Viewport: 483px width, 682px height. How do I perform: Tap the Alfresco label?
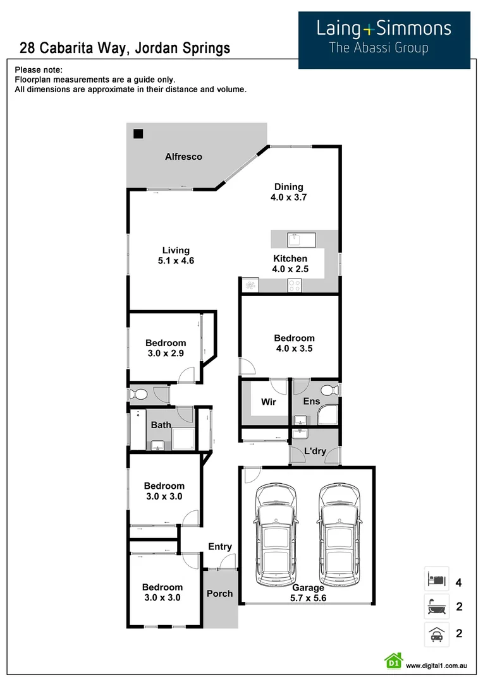(x=183, y=157)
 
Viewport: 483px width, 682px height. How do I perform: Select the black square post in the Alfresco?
(x=138, y=134)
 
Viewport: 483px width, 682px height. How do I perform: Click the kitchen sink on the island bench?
(x=296, y=239)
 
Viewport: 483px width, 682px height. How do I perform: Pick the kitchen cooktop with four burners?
(x=295, y=285)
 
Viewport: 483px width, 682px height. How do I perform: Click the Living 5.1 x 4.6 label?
(x=175, y=255)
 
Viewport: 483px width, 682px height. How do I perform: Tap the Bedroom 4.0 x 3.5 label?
(x=294, y=343)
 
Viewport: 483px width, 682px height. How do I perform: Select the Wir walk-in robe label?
(x=269, y=402)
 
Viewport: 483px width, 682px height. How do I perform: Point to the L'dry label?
(x=315, y=452)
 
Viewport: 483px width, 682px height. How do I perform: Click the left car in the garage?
(x=275, y=535)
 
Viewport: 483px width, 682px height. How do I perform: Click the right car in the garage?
(x=339, y=535)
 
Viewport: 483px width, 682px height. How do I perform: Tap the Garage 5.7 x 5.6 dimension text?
(x=308, y=593)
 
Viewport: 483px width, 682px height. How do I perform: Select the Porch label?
(x=220, y=593)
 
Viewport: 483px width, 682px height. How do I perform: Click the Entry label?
(x=219, y=547)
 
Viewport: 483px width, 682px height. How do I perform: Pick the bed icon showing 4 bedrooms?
(x=436, y=579)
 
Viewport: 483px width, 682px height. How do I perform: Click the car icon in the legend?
(x=436, y=633)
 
